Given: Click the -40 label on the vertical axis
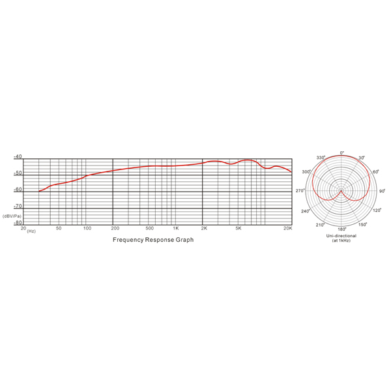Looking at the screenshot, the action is (x=18, y=156).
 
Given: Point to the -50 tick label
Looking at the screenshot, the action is (x=18, y=173).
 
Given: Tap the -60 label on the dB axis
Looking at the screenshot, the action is (x=18, y=190).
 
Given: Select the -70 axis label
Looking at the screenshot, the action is (x=18, y=206).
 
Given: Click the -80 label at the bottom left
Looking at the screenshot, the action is (x=18, y=223).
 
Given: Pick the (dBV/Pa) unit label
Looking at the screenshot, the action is (x=12, y=216).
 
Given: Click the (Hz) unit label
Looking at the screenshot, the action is (x=31, y=231).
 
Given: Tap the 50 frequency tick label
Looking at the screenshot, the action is (x=59, y=228).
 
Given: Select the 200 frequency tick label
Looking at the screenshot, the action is (x=115, y=228).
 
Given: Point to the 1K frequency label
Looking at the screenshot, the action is (x=176, y=228).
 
